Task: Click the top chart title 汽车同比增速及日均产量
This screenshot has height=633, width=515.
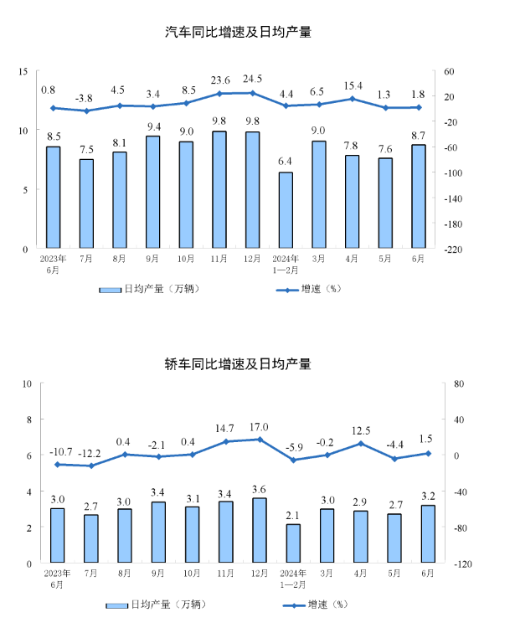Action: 244,33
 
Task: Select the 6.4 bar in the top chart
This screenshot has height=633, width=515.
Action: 286,210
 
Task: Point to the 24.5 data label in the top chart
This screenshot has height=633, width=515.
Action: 252,80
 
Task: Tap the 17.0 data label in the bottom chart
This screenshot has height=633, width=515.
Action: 259,426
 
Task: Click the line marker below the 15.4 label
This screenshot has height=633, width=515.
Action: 352,99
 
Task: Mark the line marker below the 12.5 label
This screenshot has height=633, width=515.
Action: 361,444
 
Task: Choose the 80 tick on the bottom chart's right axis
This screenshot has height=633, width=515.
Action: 458,384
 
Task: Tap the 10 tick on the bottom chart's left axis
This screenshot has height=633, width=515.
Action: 27,384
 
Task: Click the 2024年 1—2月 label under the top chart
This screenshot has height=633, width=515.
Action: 286,264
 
